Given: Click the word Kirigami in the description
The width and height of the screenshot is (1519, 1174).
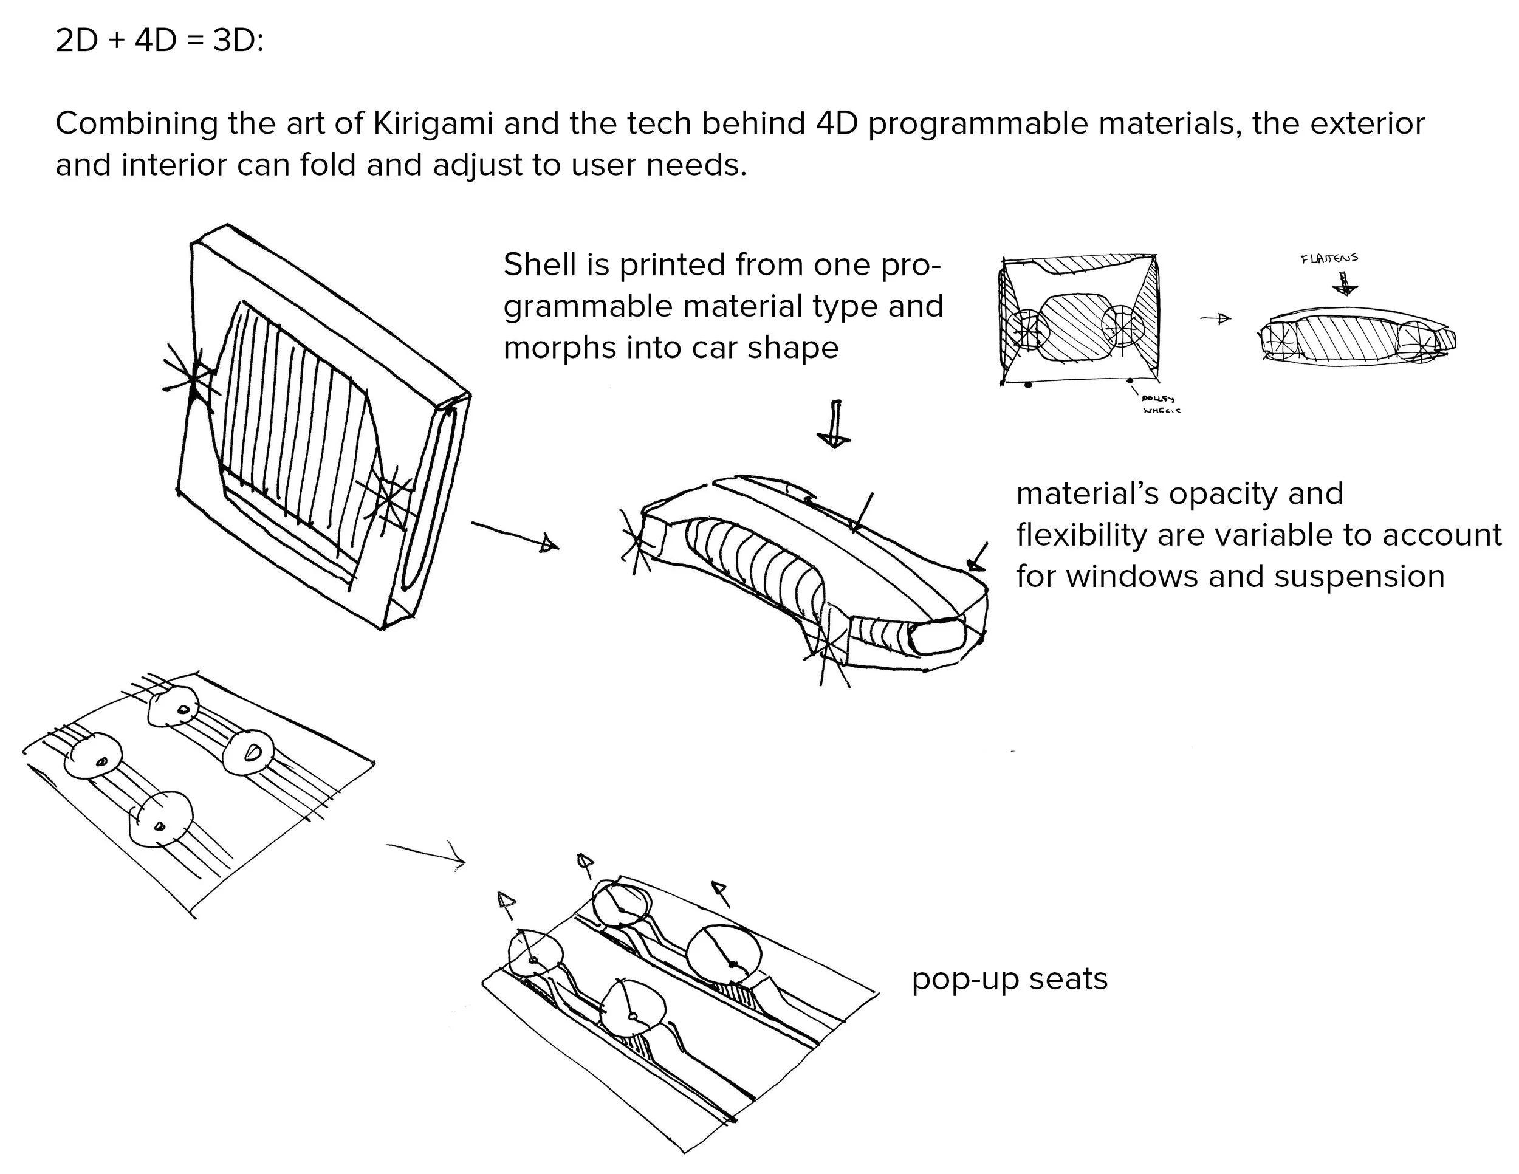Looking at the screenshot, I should coord(433,124).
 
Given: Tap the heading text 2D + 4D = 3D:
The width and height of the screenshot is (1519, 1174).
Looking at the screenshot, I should coord(159,41).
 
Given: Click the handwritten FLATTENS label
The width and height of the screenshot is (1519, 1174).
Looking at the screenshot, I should coord(1328,258).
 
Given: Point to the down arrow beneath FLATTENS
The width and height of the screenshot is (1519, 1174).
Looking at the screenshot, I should coord(1346,283).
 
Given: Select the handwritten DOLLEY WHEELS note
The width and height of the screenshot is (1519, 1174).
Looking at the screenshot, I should coord(1160,404).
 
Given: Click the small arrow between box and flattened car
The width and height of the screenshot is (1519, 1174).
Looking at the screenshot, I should coord(1216,318).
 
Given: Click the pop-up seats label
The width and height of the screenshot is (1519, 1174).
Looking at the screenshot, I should coord(1009,980).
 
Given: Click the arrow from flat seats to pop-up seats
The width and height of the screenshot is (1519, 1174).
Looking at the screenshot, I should coord(426,853).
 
